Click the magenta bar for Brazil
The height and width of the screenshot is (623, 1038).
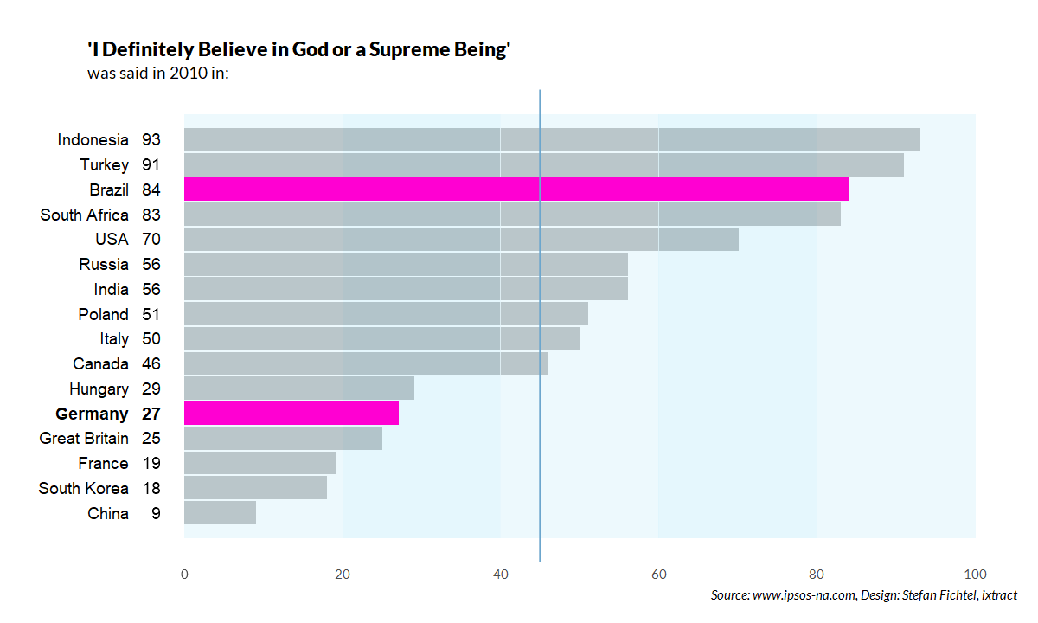[516, 189]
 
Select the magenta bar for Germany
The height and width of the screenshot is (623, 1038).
[292, 414]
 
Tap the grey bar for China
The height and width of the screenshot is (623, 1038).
[220, 513]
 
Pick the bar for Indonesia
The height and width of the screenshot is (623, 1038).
[552, 139]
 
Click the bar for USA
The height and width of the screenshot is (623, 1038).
[461, 240]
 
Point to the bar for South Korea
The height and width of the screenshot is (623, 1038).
[255, 488]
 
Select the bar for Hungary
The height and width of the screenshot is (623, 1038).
[299, 389]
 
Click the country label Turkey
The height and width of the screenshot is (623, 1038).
[105, 164]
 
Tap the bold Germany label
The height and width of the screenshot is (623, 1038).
[92, 414]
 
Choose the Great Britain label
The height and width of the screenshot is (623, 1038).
[84, 439]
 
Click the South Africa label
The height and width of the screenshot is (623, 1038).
[84, 215]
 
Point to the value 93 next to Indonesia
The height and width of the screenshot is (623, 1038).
[151, 139]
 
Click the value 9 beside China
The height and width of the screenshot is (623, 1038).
[156, 514]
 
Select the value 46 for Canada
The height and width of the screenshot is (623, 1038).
[151, 364]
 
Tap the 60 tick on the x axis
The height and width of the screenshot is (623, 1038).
[658, 574]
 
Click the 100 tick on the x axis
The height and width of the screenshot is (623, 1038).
[975, 574]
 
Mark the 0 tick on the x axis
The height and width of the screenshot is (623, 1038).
[184, 574]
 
